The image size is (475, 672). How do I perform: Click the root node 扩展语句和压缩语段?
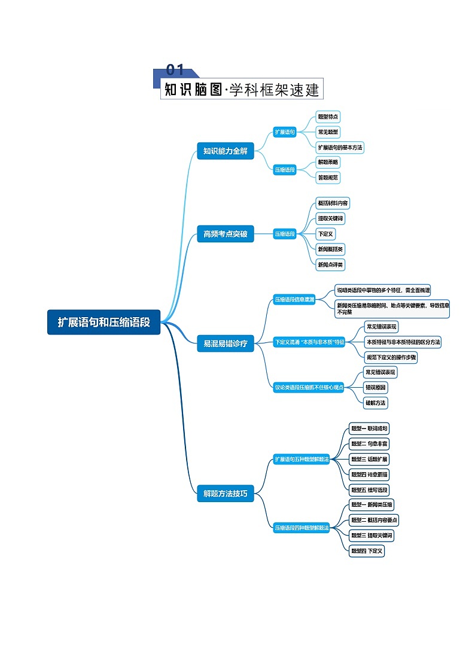[103, 322]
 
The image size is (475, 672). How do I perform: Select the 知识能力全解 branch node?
[225, 151]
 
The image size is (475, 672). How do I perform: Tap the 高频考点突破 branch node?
[225, 234]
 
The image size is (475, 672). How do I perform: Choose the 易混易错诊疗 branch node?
[225, 343]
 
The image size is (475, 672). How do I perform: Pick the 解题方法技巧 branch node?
[225, 494]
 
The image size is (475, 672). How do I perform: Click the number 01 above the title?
[175, 71]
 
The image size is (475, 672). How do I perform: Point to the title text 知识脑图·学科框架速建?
[242, 90]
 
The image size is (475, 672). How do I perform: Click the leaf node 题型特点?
[328, 117]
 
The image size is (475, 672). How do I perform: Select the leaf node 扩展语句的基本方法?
[340, 147]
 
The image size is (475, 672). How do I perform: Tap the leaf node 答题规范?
[328, 177]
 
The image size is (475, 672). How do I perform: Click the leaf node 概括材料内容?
[333, 203]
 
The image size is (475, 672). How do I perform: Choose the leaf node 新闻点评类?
[331, 264]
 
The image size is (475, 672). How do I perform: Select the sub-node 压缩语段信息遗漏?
[294, 299]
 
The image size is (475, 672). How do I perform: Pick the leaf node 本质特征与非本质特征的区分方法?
[403, 342]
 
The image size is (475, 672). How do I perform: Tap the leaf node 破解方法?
[376, 403]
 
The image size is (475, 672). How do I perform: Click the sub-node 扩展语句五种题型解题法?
[302, 460]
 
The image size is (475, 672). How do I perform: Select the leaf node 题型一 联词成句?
[370, 428]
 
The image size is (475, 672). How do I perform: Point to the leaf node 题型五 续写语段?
[370, 490]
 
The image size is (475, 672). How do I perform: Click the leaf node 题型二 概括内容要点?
[374, 520]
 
